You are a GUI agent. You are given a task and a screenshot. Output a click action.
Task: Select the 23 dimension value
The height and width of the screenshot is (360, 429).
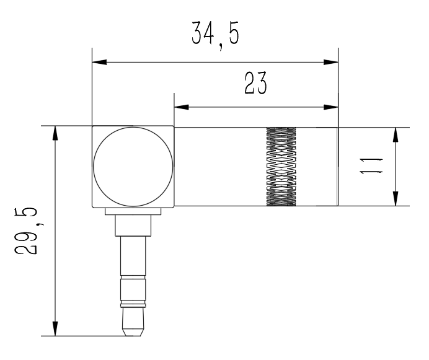[x=255, y=83]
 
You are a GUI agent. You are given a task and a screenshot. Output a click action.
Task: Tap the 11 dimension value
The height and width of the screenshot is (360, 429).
[x=371, y=166]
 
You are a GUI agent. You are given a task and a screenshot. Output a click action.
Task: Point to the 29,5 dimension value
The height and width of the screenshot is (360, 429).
[x=26, y=231]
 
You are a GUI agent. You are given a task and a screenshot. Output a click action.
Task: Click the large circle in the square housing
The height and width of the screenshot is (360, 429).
[x=133, y=166]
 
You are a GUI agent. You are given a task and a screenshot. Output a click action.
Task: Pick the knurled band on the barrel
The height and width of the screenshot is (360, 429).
[x=281, y=166]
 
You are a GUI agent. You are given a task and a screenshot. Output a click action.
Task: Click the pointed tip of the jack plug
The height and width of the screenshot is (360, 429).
[x=133, y=336]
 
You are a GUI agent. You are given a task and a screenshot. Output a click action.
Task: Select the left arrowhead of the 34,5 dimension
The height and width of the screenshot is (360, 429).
[x=99, y=62]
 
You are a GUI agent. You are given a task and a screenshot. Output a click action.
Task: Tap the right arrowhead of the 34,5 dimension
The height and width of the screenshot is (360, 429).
[x=331, y=62]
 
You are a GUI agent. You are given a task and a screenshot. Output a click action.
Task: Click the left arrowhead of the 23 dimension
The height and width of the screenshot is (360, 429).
[x=182, y=107]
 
